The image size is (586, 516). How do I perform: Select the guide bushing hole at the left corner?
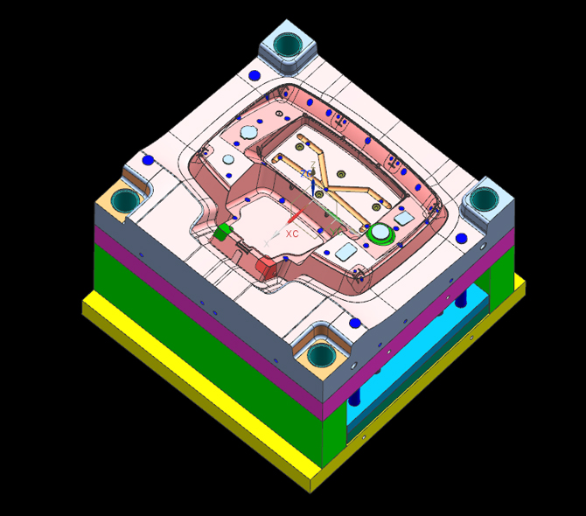(x=122, y=199)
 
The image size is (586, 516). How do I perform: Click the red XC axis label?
(x=292, y=234)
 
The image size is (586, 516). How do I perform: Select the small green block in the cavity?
(x=222, y=232)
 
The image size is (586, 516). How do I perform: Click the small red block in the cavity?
(x=266, y=266)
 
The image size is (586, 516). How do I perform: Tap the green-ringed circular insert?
(x=381, y=234)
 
